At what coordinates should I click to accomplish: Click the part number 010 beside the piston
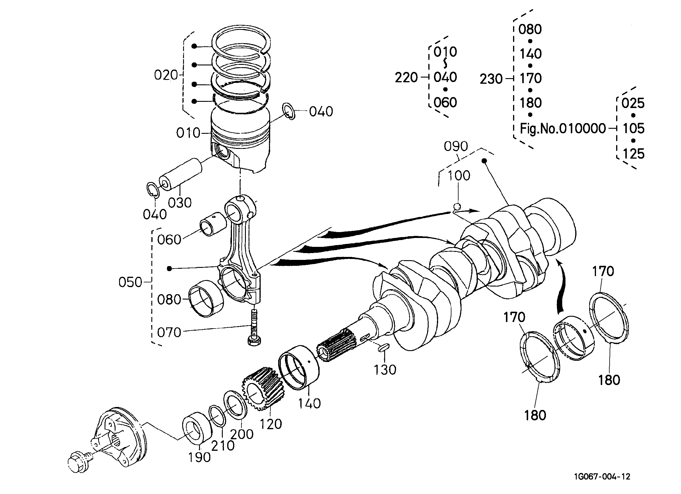(188, 133)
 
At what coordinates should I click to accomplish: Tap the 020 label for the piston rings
(166, 75)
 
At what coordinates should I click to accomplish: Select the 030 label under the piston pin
(180, 203)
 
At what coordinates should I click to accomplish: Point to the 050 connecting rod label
(130, 282)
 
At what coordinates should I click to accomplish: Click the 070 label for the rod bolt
(169, 332)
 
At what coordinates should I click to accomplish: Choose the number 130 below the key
(385, 370)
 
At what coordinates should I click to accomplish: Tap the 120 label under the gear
(270, 424)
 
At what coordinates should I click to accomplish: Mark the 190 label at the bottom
(199, 457)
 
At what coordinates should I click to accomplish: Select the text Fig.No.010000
(563, 129)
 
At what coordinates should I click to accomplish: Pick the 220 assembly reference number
(406, 78)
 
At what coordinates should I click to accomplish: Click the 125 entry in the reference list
(634, 154)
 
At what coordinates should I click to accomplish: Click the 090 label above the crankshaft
(456, 147)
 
